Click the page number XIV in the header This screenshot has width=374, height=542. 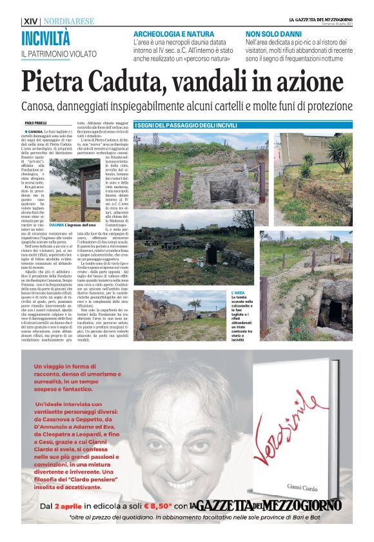tap(30, 21)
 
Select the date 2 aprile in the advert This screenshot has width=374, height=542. tap(73, 507)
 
